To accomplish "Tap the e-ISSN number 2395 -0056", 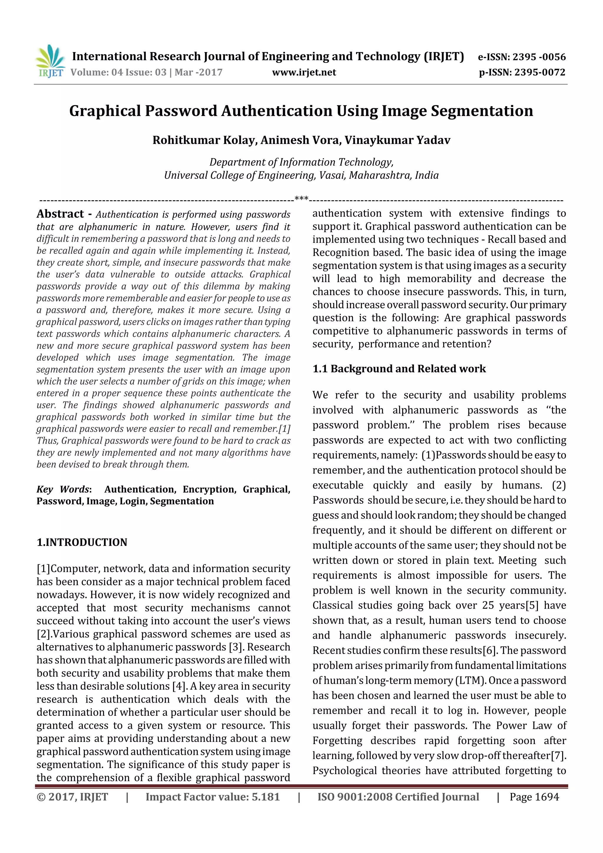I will [x=539, y=57].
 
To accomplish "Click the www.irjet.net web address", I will [x=304, y=72].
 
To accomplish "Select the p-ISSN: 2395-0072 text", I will [x=522, y=72].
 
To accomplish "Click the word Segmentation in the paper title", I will [x=482, y=111].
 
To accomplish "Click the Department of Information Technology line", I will [x=301, y=162].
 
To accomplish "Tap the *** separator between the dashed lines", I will [x=301, y=199].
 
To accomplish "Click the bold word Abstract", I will [x=60, y=214].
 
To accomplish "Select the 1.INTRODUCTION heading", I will [x=82, y=542].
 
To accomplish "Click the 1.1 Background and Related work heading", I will [x=399, y=369].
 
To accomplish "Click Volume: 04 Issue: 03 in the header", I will [x=119, y=72].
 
